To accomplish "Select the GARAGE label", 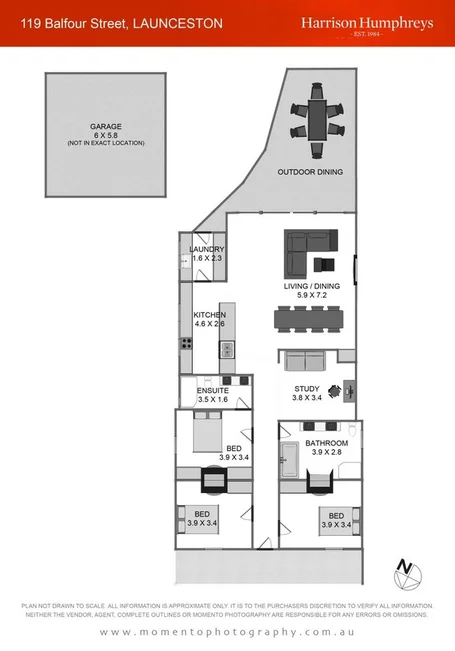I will (105, 127).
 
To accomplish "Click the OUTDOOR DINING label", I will (310, 172).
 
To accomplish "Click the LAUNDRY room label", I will (207, 249).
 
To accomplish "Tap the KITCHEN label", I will (210, 315).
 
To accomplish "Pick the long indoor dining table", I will (308, 319).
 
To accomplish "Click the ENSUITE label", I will (213, 390).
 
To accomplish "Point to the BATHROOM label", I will (326, 443).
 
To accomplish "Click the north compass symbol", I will (408, 573).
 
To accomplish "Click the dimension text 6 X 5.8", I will (105, 136).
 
